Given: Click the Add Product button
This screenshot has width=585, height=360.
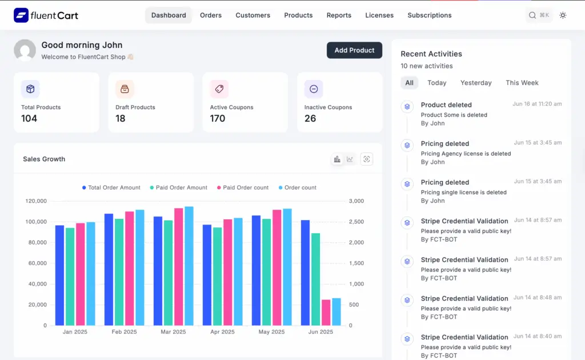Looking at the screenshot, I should click(x=354, y=50).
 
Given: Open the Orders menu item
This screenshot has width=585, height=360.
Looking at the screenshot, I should click(x=211, y=15).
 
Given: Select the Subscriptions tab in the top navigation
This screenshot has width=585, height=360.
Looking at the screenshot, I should click(x=429, y=15).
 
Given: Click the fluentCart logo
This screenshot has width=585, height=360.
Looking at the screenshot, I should click(x=46, y=15).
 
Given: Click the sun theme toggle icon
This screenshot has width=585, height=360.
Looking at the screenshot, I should click(x=563, y=15).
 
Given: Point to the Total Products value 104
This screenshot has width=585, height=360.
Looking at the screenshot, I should click(x=29, y=118).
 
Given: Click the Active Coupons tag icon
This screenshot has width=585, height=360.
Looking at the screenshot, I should click(x=219, y=89).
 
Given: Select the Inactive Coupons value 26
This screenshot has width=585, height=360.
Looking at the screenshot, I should click(x=310, y=118).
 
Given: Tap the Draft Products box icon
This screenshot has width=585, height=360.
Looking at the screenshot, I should click(x=125, y=89).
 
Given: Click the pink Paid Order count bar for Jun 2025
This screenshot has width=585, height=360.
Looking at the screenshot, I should click(x=326, y=313).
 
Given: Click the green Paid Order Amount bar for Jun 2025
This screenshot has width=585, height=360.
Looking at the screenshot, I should click(x=315, y=279).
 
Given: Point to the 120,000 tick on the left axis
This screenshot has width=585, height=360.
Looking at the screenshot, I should click(x=36, y=201).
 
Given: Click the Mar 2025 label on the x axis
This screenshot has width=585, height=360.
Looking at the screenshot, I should click(x=173, y=332).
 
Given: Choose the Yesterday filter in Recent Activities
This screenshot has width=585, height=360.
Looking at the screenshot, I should click(x=476, y=83).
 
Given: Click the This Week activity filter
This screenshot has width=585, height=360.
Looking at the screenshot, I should click(x=522, y=83).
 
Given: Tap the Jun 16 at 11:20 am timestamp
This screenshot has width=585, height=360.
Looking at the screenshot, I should click(x=537, y=104).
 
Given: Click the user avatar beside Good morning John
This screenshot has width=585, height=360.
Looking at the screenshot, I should click(x=25, y=50).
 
